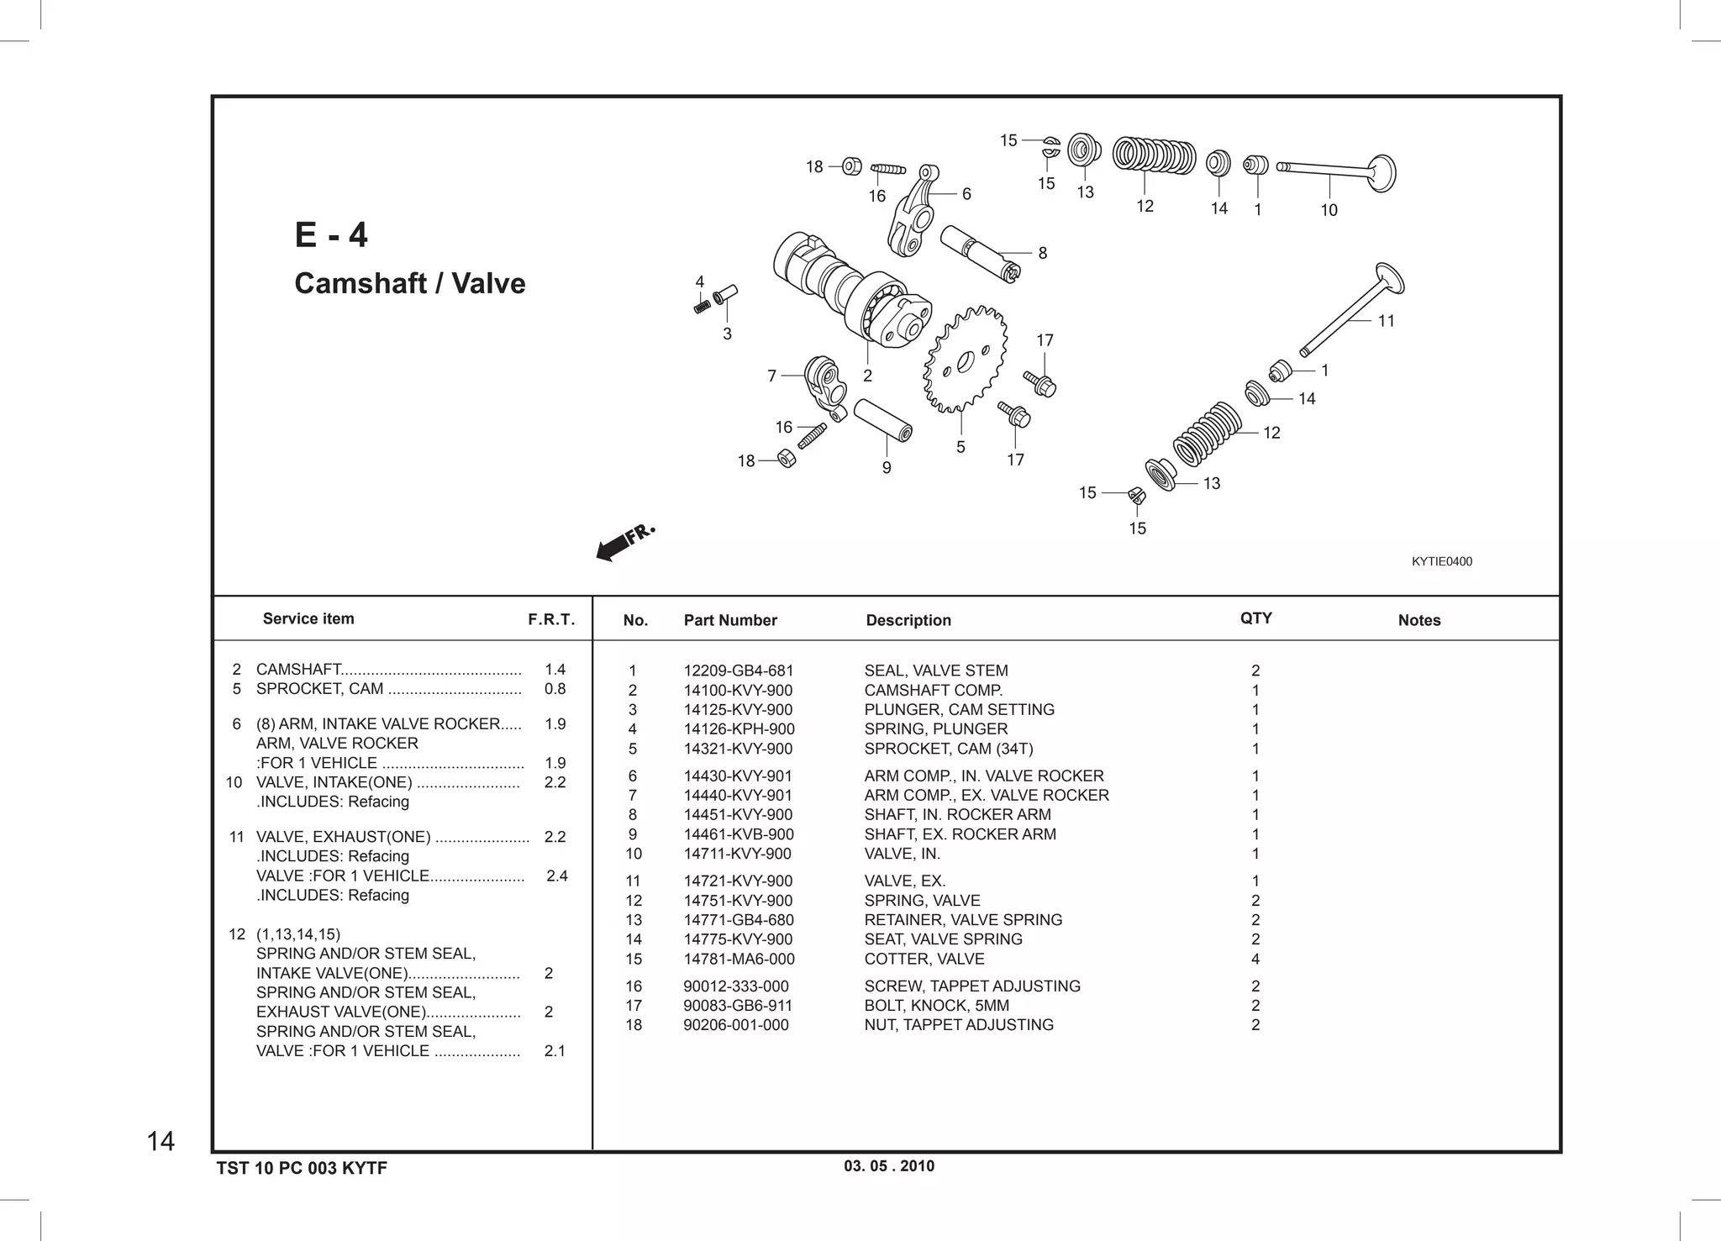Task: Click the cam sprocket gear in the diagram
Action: [965, 360]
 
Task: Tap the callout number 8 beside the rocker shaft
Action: [1042, 253]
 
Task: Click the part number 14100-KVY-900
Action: [738, 690]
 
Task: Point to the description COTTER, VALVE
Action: [924, 959]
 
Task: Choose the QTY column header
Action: [1255, 618]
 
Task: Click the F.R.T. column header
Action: [551, 620]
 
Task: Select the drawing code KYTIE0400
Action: [1441, 561]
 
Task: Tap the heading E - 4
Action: [331, 234]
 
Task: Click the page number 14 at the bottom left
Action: [161, 1141]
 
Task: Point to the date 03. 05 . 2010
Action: [888, 1165]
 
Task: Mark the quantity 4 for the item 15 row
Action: [1255, 959]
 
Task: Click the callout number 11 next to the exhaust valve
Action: [1386, 320]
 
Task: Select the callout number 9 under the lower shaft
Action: [887, 468]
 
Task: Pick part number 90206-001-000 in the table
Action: [735, 1024]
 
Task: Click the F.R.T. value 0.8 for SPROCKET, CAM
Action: [555, 689]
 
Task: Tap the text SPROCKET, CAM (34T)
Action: [948, 749]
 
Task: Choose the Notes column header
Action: [1418, 620]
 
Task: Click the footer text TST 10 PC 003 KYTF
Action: [302, 1168]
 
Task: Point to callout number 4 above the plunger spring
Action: [699, 282]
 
